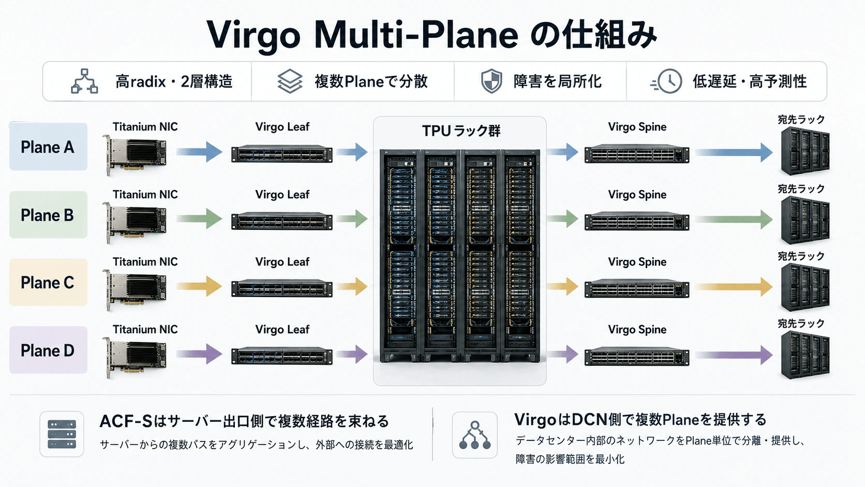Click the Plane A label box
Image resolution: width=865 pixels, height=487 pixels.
pos(48,147)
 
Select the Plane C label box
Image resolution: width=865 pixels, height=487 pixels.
pos(48,282)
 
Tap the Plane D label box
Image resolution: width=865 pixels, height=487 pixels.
pos(48,350)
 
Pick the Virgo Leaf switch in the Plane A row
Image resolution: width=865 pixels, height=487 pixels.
pos(282,154)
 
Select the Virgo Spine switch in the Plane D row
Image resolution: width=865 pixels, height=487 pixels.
pos(637,356)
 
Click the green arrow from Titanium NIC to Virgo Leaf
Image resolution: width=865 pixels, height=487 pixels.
pos(199,219)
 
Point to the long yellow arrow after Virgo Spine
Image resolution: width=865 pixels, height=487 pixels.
pos(734,287)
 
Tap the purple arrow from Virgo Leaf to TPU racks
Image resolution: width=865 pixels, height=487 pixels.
pos(352,354)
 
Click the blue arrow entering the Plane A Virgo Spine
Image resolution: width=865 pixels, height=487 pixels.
pos(563,152)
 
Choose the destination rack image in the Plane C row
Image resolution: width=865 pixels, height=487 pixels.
pos(805,287)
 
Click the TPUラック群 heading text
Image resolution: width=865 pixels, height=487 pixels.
pos(461,131)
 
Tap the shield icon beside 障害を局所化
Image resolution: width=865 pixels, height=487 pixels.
pos(491,81)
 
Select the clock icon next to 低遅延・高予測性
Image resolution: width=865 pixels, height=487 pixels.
pos(667,81)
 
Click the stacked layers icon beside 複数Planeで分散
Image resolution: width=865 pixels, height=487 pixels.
pos(290,81)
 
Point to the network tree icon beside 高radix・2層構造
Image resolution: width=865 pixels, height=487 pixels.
pos(84,81)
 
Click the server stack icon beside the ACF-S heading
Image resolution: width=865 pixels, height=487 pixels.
pos(62,434)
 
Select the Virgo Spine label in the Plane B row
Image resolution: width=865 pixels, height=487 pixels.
pos(637,194)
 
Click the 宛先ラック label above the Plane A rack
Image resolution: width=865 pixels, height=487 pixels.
pos(801,120)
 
